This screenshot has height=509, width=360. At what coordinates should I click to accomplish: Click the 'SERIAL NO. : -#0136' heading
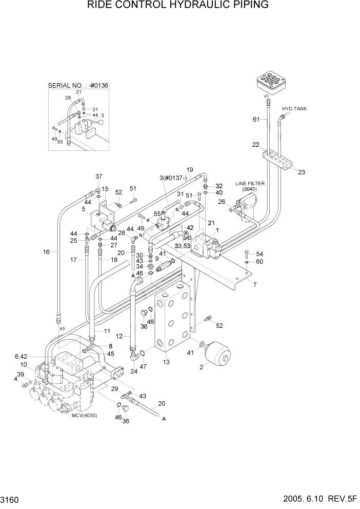pos(78,85)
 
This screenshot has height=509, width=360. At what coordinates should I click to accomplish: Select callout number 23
pos(302,172)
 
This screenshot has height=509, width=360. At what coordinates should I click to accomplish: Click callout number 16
pos(47,252)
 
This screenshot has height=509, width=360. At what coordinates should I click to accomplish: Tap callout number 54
pos(259,254)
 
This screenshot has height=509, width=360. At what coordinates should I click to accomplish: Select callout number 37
pos(98,177)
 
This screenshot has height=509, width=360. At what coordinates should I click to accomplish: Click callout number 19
pos(189,169)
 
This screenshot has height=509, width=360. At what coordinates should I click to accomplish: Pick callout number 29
pos(114,389)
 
